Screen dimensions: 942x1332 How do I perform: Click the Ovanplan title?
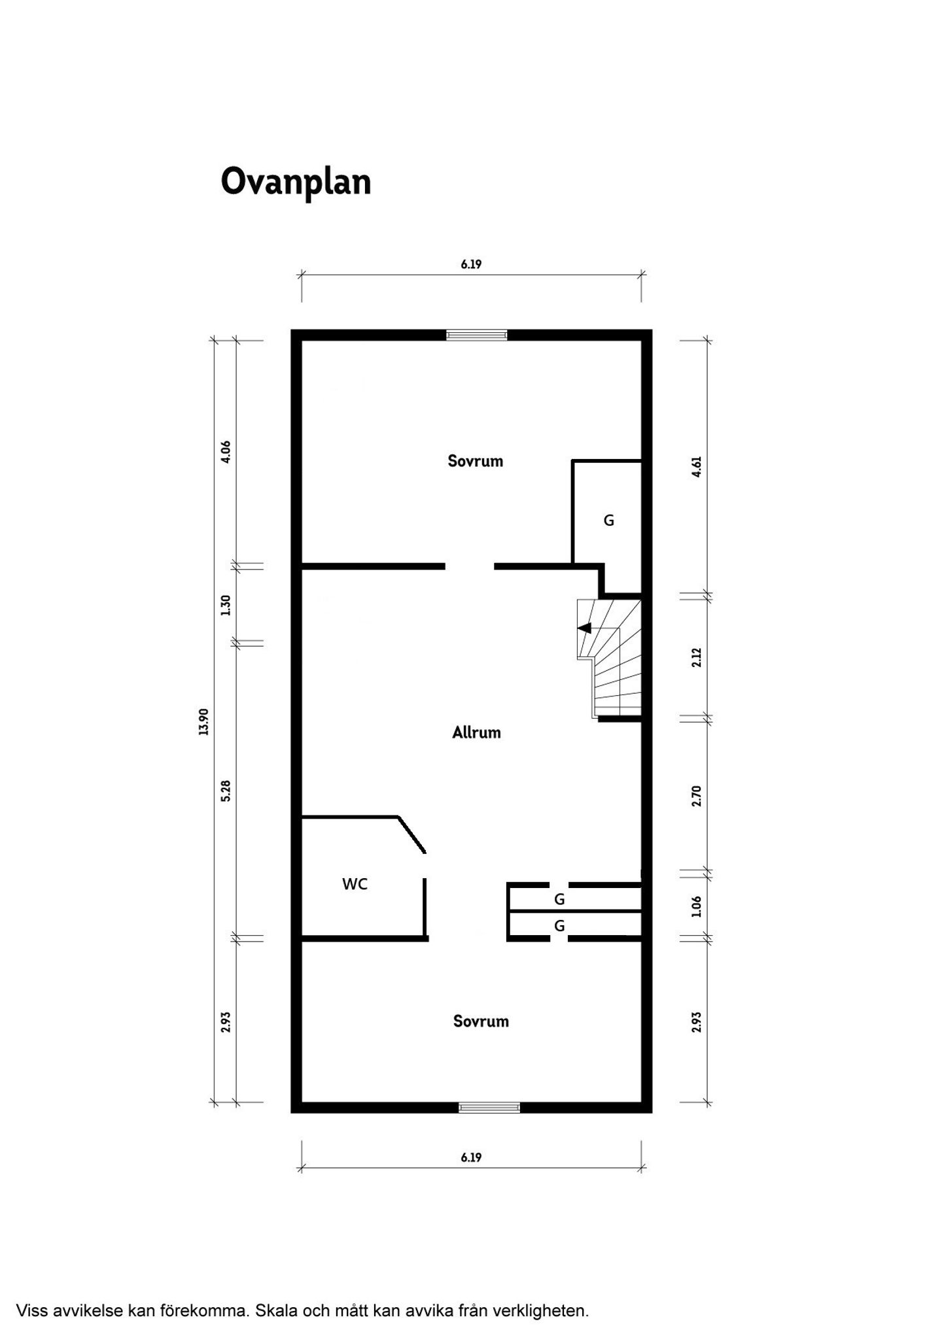(x=296, y=182)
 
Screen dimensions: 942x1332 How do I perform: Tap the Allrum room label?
(x=476, y=732)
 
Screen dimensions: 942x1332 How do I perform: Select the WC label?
(x=355, y=884)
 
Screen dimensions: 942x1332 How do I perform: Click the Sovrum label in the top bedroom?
(x=476, y=461)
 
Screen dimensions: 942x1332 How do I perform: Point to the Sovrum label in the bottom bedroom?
(x=481, y=1021)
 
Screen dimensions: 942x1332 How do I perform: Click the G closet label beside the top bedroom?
(x=608, y=521)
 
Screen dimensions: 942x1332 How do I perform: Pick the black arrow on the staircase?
(x=584, y=628)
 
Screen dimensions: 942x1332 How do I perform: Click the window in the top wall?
(x=476, y=335)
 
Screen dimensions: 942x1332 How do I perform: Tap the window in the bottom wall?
(x=489, y=1108)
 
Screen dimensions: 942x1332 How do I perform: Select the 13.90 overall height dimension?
(x=203, y=722)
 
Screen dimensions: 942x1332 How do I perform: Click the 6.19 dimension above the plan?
(x=471, y=264)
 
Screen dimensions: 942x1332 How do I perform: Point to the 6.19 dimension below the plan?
(x=471, y=1157)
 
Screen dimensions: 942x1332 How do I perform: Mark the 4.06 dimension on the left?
(x=226, y=452)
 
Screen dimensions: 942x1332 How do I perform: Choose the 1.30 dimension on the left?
(x=226, y=605)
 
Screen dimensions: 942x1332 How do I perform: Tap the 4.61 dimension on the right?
(x=696, y=467)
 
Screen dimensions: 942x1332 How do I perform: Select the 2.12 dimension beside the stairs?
(x=696, y=657)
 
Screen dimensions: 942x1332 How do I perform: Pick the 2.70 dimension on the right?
(x=696, y=796)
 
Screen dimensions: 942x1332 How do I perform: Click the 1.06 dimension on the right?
(x=696, y=906)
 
